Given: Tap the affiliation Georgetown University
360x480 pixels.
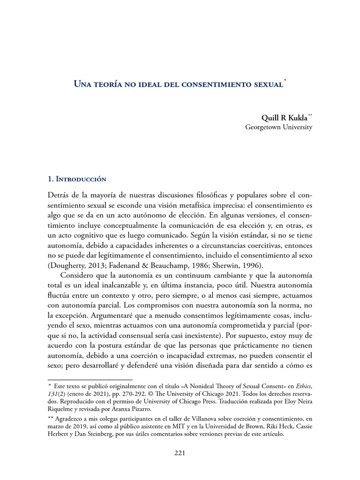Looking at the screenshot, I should [278, 127].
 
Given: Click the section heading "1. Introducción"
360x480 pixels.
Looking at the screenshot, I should [77, 179].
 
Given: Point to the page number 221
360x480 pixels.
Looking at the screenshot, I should [180, 453].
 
